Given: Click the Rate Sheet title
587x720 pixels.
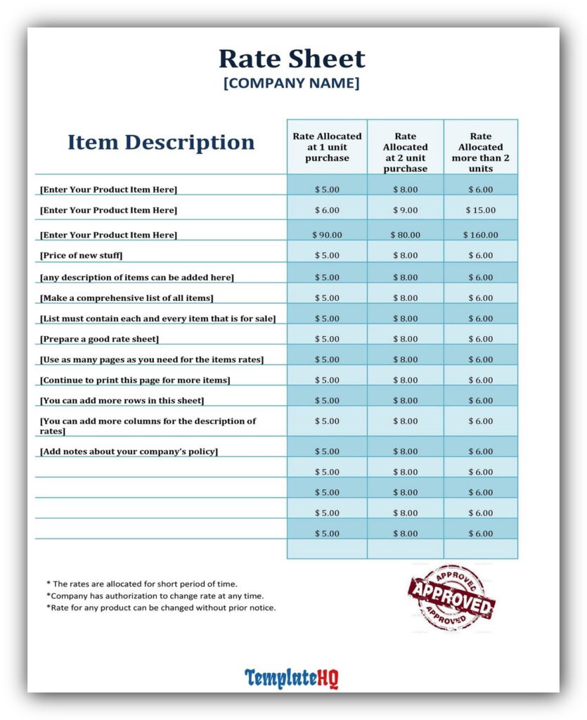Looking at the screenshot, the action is click(292, 58).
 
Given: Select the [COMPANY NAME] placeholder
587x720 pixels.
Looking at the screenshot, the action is click(291, 83).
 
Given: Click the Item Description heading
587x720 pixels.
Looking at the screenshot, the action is click(161, 142).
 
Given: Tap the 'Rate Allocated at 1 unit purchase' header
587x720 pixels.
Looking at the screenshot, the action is click(327, 147).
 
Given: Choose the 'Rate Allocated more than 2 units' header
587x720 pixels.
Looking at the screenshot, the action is click(481, 152).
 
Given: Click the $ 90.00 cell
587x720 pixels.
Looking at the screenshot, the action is click(327, 235).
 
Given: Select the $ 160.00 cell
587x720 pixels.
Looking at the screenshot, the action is click(481, 235).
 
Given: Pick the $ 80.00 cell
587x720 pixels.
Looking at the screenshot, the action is click(405, 235).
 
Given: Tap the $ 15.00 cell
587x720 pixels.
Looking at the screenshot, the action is click(481, 210).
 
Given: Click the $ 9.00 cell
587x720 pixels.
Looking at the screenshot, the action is click(405, 210).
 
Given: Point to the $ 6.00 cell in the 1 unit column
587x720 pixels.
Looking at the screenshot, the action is click(327, 210).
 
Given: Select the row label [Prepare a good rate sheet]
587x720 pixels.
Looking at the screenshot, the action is click(99, 339).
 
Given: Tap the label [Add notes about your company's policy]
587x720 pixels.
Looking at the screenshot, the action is click(129, 451).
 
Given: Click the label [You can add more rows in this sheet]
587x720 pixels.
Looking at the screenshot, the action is click(122, 401).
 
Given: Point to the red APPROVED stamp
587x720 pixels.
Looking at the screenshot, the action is click(450, 597).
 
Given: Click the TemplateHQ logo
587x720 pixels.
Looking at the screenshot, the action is click(291, 679).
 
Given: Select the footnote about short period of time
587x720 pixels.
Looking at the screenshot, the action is click(142, 584).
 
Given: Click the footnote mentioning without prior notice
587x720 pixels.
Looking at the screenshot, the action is click(161, 607).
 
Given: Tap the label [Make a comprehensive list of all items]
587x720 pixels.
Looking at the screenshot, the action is click(127, 298).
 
